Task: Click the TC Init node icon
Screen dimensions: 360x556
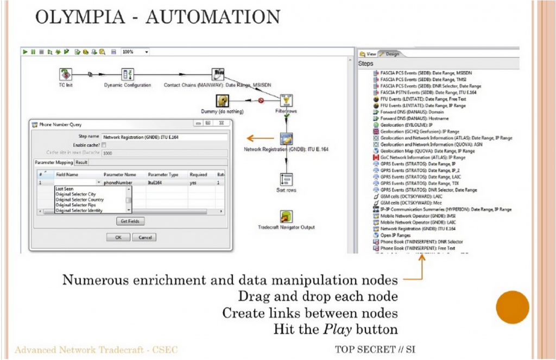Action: [x=66, y=74]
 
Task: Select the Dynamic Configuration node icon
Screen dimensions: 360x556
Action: [x=128, y=75]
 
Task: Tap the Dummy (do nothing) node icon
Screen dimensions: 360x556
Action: [x=222, y=100]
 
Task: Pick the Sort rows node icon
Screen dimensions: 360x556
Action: [x=286, y=180]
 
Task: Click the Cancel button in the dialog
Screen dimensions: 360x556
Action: [x=144, y=237]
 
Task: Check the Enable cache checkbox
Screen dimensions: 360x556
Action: [x=104, y=145]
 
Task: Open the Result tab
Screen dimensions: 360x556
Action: [x=81, y=162]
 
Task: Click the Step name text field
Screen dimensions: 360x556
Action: [x=163, y=137]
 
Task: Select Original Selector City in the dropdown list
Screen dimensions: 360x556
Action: [x=75, y=194]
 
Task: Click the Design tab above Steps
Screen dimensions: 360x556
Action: [x=389, y=54]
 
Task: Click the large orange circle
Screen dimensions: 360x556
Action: [x=512, y=307]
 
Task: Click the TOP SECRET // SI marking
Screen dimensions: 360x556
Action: [x=375, y=349]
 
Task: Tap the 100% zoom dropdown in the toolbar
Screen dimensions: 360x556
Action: [x=135, y=52]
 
